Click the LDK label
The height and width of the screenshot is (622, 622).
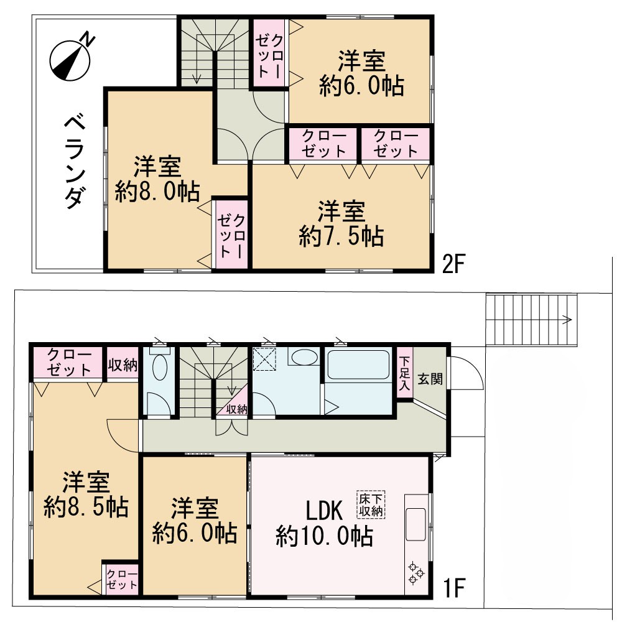coord(323,511)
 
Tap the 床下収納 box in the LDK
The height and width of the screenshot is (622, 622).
coord(371,504)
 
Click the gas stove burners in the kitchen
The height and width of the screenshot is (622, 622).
coord(415,573)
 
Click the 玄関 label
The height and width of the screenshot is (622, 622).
coord(429,379)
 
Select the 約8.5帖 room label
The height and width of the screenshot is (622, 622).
coord(86,495)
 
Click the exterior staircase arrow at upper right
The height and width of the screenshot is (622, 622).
coord(567,320)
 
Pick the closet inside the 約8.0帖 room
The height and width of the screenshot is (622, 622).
coord(231,235)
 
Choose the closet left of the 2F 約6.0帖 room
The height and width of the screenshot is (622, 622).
coord(269,52)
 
